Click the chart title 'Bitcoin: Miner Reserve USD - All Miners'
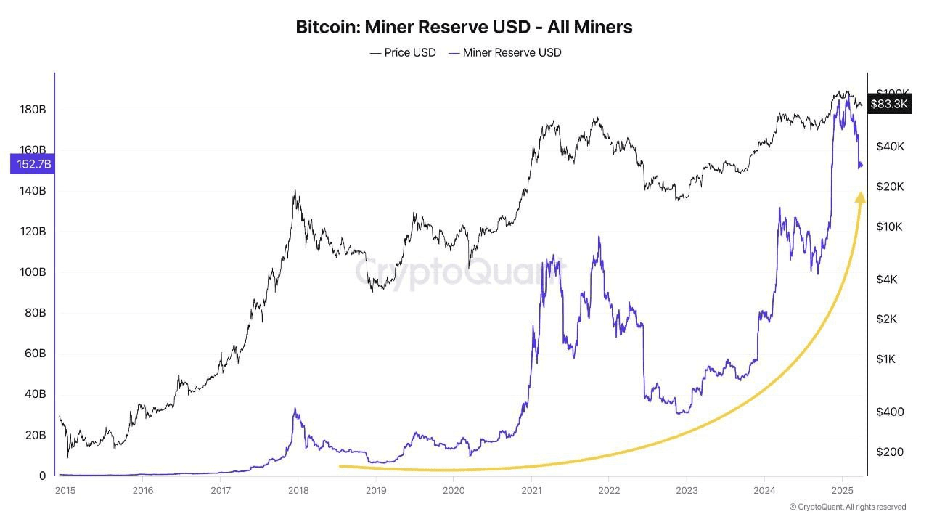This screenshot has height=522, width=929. [x=464, y=27]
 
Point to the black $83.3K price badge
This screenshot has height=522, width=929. [x=888, y=104]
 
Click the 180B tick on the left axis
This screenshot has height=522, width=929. [x=33, y=110]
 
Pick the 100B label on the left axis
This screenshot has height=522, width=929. [x=33, y=272]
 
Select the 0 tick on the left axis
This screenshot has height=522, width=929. [x=42, y=476]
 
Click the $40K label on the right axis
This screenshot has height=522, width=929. [x=890, y=146]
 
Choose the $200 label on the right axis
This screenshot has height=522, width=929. [x=889, y=452]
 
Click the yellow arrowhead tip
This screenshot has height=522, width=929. [x=861, y=193]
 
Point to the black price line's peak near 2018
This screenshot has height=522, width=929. [x=295, y=190]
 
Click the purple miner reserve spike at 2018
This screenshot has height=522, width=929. [x=295, y=409]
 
